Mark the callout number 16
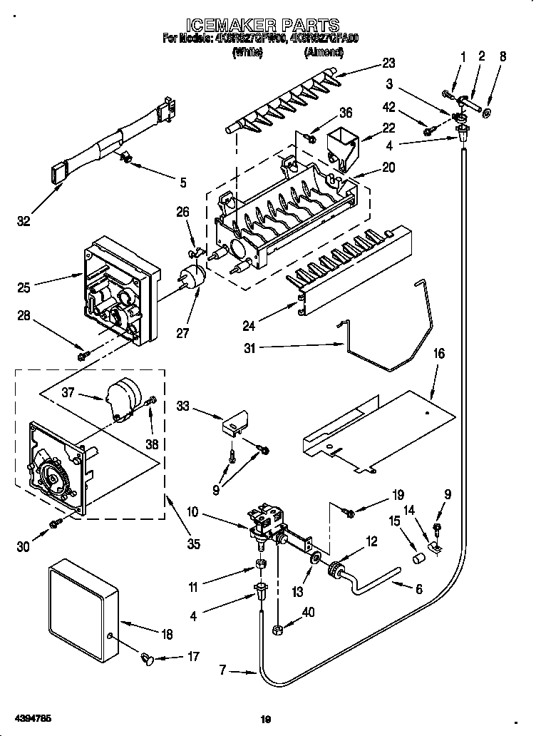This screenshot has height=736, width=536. [x=438, y=353]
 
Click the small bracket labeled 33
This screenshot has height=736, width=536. [x=232, y=425]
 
